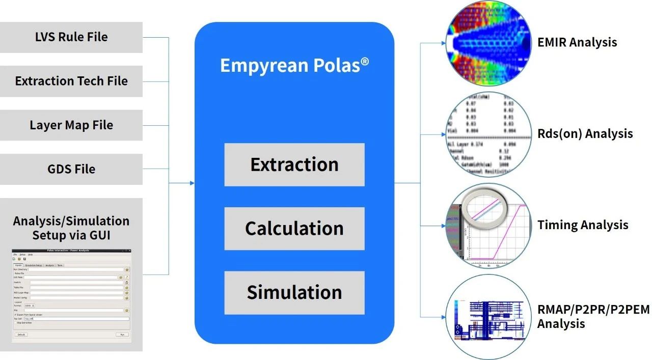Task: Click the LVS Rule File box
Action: coord(71,37)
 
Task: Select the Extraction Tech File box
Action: coord(71,81)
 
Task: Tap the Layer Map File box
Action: coord(71,125)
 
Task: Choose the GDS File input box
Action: coord(71,169)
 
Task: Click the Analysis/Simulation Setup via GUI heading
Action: coord(71,228)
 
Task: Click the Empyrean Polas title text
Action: coord(294,66)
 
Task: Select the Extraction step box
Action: coord(294,164)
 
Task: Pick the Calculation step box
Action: coord(294,229)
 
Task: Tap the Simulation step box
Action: coord(294,292)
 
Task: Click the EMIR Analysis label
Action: coord(577,42)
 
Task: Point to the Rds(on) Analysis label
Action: coord(585,134)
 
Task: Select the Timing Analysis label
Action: coord(583,225)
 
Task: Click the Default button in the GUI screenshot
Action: coord(21,335)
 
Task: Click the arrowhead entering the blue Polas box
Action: coord(192,183)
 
